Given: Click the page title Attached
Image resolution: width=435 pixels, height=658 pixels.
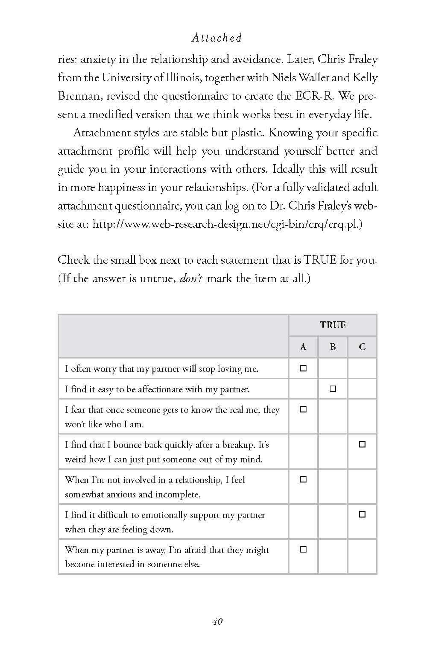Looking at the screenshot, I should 217,38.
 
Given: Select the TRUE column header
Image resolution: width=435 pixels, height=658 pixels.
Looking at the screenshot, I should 333,325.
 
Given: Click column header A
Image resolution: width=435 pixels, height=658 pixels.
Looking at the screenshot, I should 303,347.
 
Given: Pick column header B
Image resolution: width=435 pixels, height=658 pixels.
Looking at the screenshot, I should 333,347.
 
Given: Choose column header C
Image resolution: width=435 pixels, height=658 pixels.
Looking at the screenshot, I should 362,347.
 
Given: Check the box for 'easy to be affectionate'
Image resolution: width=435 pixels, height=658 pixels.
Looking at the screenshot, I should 333,389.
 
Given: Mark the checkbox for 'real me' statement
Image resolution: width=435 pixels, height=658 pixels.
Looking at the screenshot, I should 303,409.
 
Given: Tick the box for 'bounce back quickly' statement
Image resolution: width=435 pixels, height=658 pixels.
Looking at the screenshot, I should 362,444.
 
